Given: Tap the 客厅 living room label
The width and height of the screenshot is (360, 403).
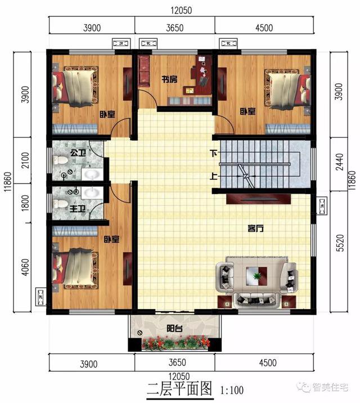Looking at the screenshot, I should click(256, 229).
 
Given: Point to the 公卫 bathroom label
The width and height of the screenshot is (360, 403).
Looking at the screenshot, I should click(78, 152).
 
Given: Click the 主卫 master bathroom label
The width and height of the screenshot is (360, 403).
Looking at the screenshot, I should click(78, 209).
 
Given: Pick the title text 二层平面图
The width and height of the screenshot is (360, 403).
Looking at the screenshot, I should click(178, 388).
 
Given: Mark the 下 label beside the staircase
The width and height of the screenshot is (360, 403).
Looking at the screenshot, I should click(214, 153).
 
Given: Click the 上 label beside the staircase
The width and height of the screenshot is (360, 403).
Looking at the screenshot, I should click(214, 176).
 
